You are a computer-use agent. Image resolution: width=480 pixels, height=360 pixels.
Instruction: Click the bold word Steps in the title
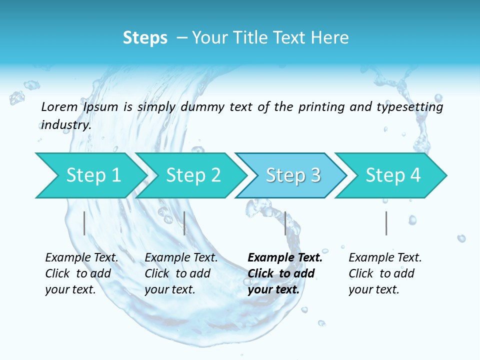145,38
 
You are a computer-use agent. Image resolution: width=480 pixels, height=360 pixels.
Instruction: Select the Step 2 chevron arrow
193,175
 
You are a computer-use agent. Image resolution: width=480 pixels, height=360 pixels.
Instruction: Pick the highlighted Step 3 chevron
293,175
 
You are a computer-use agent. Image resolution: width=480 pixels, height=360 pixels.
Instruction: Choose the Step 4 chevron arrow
393,175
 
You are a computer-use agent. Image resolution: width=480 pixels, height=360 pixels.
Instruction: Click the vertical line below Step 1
84,223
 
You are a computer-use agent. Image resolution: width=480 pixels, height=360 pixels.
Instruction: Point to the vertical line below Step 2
184,223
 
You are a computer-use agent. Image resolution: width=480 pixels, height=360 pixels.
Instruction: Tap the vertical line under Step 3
285,223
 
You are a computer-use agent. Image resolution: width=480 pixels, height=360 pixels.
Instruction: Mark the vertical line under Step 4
386,223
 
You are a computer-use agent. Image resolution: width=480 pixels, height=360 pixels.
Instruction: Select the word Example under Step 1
67,258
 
